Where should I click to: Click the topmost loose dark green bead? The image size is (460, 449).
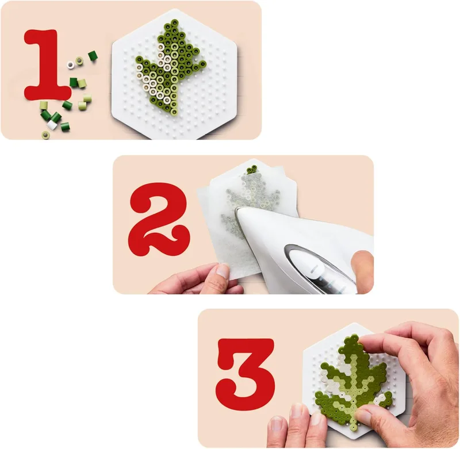[93, 55]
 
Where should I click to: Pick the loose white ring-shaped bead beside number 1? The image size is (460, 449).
[70, 64]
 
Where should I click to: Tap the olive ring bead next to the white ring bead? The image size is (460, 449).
[79, 61]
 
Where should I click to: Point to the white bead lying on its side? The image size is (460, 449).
[52, 125]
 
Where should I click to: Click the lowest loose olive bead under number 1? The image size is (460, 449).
[45, 135]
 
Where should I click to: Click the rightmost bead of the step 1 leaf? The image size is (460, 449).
[202, 63]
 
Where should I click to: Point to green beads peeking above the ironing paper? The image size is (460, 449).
[252, 169]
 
